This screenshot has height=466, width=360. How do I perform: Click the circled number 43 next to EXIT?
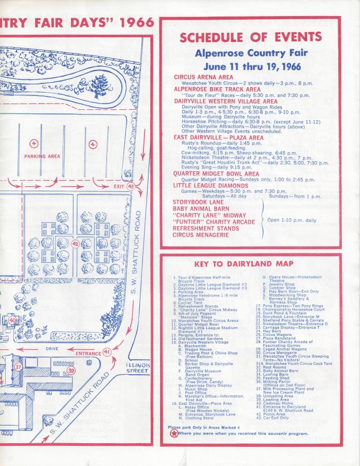pos(131,186)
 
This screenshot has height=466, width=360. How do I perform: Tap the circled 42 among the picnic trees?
pos(76,244)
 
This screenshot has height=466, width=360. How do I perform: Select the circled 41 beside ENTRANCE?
pos(107,352)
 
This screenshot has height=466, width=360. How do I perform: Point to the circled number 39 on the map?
pos(71,371)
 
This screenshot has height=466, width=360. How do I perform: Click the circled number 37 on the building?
pos(19,366)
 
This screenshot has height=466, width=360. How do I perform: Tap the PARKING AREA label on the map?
pos(42,156)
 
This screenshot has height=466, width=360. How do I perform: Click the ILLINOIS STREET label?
pos(138,368)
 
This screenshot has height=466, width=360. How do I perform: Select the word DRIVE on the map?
pos(52,349)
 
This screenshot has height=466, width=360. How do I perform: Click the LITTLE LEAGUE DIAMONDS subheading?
pos(211,186)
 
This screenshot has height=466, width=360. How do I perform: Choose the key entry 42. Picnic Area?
pos(273,414)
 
